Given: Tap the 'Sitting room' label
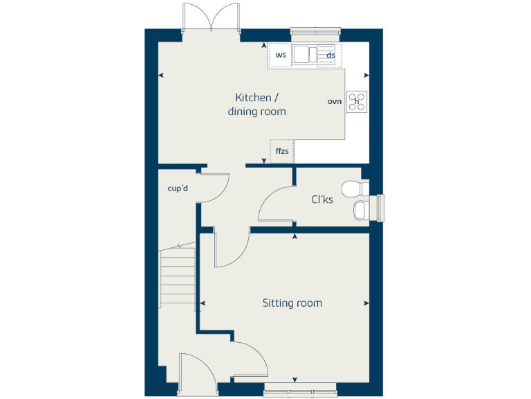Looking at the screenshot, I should click(x=292, y=303).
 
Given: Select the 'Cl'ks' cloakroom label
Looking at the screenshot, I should click(x=322, y=199).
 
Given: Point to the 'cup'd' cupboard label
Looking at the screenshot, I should click(x=178, y=188).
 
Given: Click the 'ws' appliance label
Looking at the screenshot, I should click(x=281, y=55).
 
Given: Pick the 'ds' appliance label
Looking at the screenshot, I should click(x=331, y=55).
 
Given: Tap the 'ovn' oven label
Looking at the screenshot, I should click(x=335, y=102).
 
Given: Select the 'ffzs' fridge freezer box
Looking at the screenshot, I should click(x=282, y=150).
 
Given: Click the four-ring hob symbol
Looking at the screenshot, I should click(x=357, y=102).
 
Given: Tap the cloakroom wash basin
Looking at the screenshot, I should click(x=361, y=211).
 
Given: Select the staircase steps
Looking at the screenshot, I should click(x=178, y=277).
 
